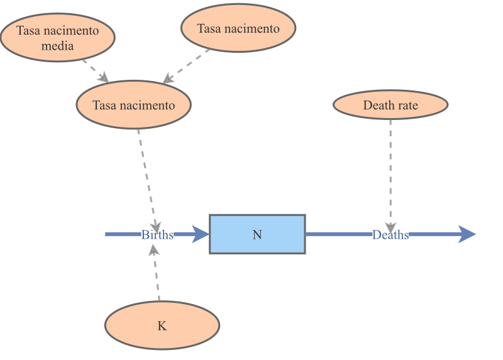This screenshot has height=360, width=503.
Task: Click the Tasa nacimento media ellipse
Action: point(57,38)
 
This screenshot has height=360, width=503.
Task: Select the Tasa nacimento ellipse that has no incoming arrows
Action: point(238,28)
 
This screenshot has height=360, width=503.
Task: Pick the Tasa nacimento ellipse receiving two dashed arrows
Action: point(133,105)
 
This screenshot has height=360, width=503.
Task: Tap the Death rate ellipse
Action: point(390,105)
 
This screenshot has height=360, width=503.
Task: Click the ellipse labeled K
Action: point(162,326)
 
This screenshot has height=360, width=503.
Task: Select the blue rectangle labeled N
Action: point(257,234)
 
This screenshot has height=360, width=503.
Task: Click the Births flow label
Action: point(157,235)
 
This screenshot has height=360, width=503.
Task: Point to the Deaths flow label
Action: point(390,235)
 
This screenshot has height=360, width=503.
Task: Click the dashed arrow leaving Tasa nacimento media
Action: point(94,70)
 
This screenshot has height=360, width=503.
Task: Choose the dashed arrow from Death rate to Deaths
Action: point(390,170)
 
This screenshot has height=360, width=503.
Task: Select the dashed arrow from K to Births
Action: point(157,276)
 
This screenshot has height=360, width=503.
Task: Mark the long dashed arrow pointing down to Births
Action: point(148,176)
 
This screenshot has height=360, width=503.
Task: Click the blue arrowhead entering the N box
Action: point(200,234)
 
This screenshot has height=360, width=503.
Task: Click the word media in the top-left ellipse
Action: point(58,46)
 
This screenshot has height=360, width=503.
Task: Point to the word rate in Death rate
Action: point(406,105)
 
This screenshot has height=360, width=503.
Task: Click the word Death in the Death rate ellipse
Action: point(377,105)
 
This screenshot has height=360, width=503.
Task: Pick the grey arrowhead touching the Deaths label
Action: point(390,227)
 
